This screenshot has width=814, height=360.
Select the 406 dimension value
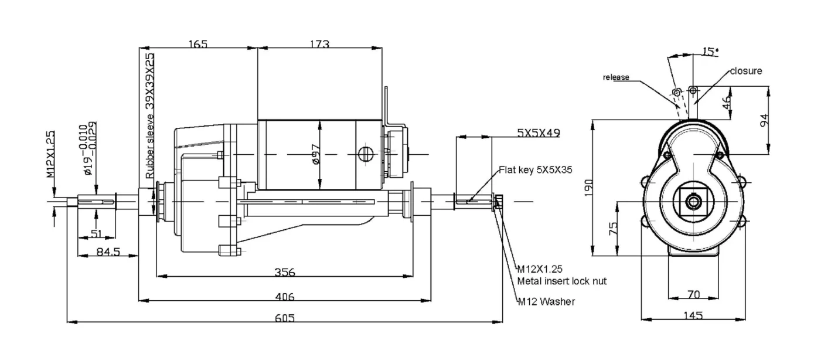pyautogui.click(x=284, y=296)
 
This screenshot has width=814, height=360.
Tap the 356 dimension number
pyautogui.click(x=284, y=272)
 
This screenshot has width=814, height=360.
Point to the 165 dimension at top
pyautogui.click(x=197, y=45)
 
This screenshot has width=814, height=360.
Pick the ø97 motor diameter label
pyautogui.click(x=316, y=154)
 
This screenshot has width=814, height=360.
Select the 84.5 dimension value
pyautogui.click(x=107, y=252)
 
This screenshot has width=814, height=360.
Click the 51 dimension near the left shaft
pyautogui.click(x=96, y=233)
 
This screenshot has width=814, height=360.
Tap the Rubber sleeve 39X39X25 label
pyautogui.click(x=150, y=116)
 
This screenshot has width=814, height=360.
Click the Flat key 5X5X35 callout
pyautogui.click(x=536, y=170)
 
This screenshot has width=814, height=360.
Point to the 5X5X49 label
pyautogui.click(x=538, y=133)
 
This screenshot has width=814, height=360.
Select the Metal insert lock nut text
pyautogui.click(x=561, y=281)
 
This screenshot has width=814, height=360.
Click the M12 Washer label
pyautogui.click(x=546, y=302)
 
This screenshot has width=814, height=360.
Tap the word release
pyautogui.click(x=616, y=77)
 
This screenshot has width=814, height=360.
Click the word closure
pyautogui.click(x=746, y=71)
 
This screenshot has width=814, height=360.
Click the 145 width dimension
pyautogui.click(x=693, y=315)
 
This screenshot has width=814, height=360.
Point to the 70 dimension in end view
pyautogui.click(x=693, y=294)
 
